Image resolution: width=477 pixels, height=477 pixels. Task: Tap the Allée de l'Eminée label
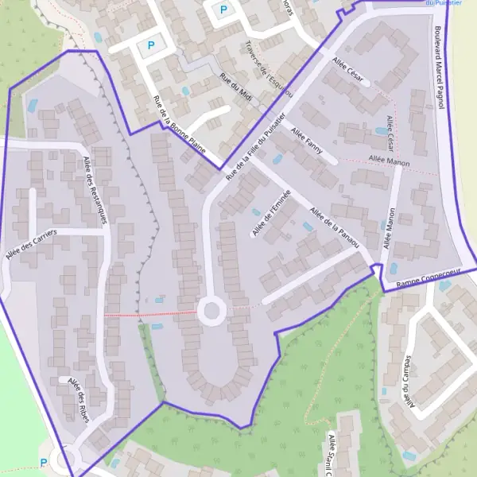pos(271,213)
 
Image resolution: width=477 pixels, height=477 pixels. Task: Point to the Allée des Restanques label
pos(95,190)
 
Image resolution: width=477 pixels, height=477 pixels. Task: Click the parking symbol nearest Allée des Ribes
pos(44,463)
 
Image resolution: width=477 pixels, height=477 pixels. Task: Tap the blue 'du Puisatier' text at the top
pos(444,3)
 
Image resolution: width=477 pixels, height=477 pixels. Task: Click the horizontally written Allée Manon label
pos(390,161)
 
